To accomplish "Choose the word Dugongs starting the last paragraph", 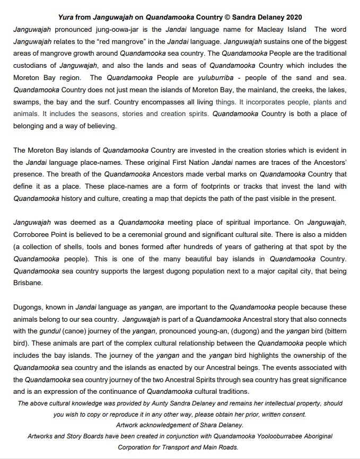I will point(29,307).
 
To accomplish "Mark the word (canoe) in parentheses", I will point(71,332).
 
